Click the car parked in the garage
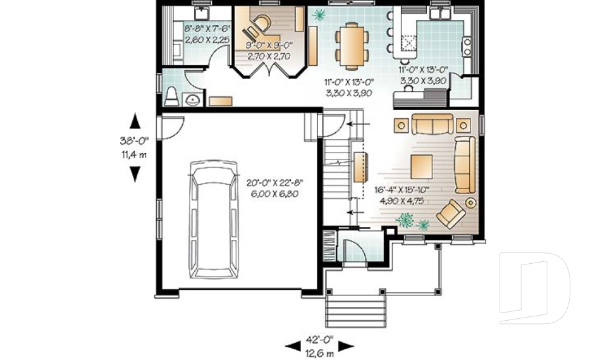tap(213, 220)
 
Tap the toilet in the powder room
tap(171, 96)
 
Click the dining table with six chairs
tap(352, 46)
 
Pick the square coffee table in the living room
tap(421, 166)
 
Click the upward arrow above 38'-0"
tap(135, 121)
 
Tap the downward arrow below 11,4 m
tap(135, 174)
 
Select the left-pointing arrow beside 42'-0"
tap(293, 345)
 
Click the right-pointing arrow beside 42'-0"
tap(346, 345)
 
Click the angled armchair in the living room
tap(451, 214)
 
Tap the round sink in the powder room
tap(192, 100)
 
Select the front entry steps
tap(356, 311)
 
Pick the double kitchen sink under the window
tap(441, 13)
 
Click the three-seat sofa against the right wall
tap(465, 164)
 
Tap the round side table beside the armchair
tap(470, 202)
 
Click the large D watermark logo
tap(534, 288)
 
